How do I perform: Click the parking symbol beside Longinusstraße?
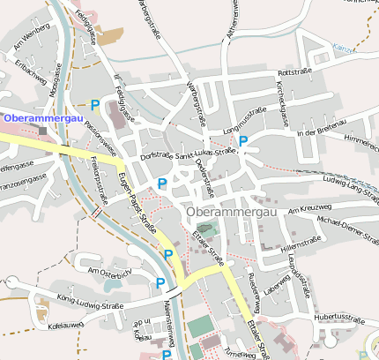point(243,139)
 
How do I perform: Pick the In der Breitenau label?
point(318,132)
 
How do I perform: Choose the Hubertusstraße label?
point(338,316)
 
